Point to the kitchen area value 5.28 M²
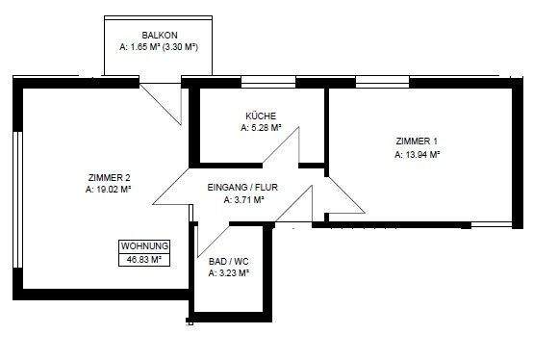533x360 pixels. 260,127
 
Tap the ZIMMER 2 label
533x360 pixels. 108,177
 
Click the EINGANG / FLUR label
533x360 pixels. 244,189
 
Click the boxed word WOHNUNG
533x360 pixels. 144,245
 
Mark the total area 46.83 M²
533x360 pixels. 144,258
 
